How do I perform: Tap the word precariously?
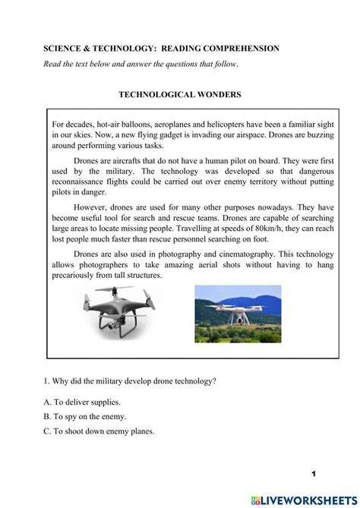coord(80,276)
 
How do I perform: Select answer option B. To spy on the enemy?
coord(84,416)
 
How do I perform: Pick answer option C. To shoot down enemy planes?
coord(99,431)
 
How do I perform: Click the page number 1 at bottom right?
coord(312,474)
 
